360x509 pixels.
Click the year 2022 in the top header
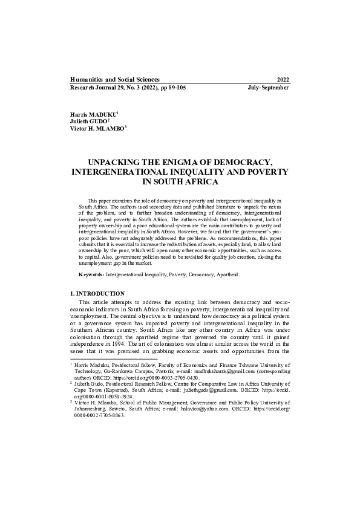(x=283, y=80)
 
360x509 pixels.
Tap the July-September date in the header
(x=268, y=88)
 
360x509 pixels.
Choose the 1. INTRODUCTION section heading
(x=98, y=293)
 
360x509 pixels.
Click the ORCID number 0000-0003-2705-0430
(x=161, y=377)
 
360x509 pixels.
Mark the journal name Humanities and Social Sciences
(x=115, y=80)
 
